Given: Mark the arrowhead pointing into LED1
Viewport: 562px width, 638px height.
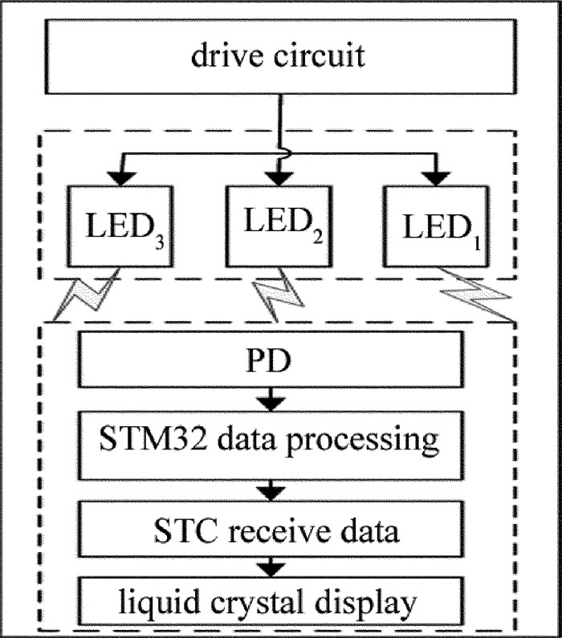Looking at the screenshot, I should pyautogui.click(x=438, y=175).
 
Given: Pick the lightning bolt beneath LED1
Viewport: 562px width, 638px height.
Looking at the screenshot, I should pyautogui.click(x=474, y=295).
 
